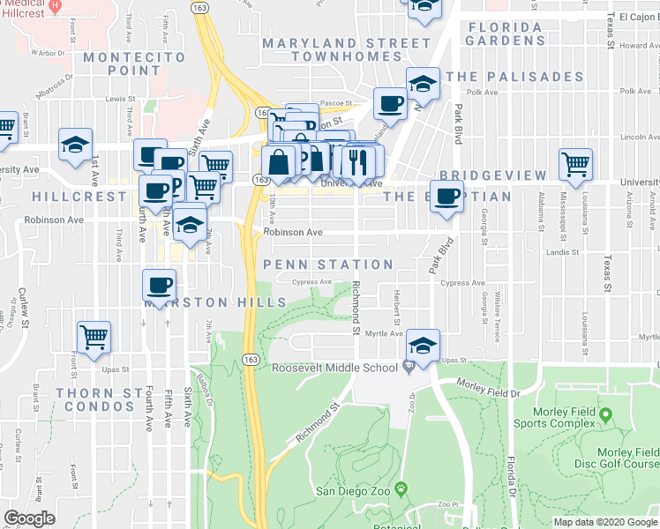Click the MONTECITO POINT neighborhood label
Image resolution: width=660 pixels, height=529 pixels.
point(135,64)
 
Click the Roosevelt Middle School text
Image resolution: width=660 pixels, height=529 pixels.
point(334,368)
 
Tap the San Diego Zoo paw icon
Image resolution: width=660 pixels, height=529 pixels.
point(401,488)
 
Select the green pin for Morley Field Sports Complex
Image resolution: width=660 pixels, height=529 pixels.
point(605,414)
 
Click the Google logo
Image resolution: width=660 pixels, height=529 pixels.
point(29,518)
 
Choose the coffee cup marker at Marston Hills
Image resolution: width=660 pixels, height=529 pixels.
point(160,286)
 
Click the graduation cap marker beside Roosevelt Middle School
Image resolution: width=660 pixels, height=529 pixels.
point(424,345)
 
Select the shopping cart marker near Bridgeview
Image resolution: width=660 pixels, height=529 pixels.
point(575,164)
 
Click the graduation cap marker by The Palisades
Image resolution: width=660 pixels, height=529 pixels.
point(424,85)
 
